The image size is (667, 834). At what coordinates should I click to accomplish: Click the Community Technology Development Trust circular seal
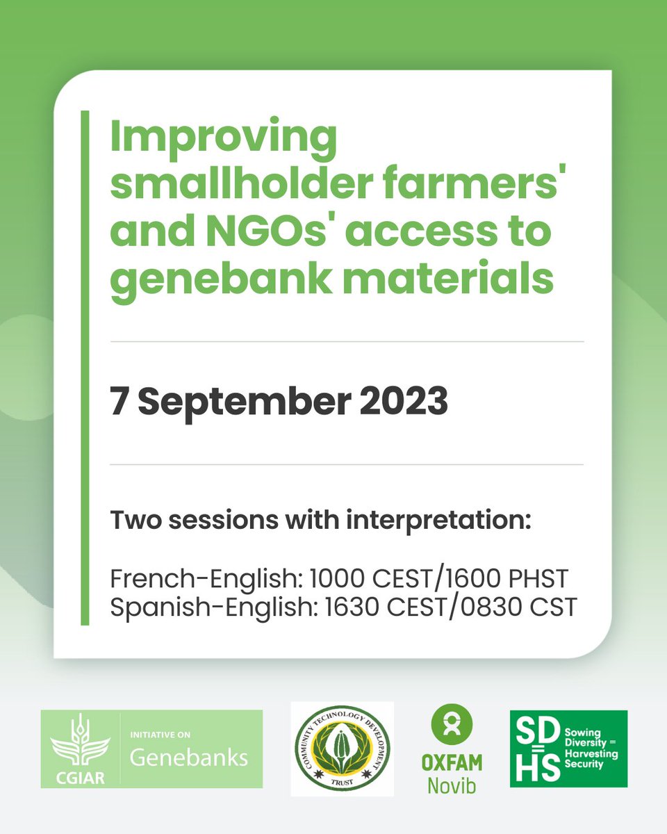pos(342,748)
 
